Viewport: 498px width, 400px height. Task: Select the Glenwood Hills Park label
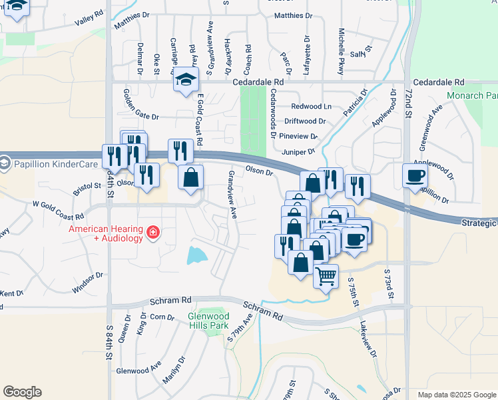tap(208, 321)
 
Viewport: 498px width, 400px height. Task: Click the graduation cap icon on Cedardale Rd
tap(185, 80)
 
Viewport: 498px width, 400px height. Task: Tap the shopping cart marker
tap(326, 275)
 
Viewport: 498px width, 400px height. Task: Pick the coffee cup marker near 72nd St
tap(415, 175)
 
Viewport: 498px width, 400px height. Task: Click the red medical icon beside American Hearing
tap(153, 233)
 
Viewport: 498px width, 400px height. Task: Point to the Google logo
tap(22, 392)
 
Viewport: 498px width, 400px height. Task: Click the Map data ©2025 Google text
tap(456, 394)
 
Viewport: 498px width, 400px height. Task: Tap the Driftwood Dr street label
tap(305, 121)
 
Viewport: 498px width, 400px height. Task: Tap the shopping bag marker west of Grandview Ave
tap(191, 178)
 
